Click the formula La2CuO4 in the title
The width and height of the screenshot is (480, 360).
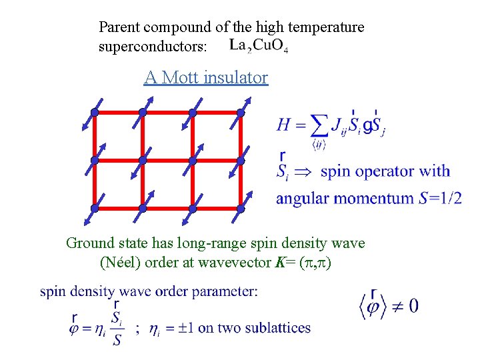tap(259, 47)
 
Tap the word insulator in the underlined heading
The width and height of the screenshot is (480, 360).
tap(237, 78)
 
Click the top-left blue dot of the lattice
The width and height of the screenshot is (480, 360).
tap(95, 113)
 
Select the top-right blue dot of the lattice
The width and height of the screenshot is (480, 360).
tap(241, 113)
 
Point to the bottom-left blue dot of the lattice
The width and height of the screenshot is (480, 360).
tap(95, 209)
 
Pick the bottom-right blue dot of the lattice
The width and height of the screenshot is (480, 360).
tap(241, 209)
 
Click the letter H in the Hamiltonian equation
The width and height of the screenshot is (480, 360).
tap(284, 124)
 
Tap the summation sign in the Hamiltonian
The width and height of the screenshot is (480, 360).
tap(319, 125)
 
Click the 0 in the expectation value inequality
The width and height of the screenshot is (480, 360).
tap(413, 306)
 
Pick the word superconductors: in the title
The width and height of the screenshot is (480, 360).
tap(153, 47)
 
